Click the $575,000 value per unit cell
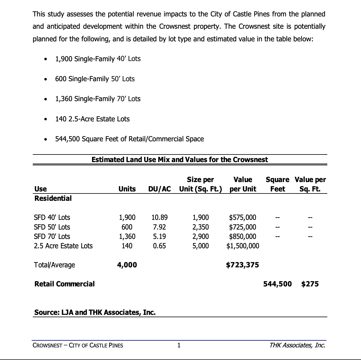coord(242,218)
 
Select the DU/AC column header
coord(159,189)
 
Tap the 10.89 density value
coord(159,218)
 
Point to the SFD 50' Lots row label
coord(52,227)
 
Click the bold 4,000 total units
coord(127,265)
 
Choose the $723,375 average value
coord(242,265)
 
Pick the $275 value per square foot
coord(310,284)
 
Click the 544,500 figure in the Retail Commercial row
coord(277,284)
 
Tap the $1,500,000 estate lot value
coord(243,246)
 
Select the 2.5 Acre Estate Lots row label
coord(63,246)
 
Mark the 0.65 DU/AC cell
coord(159,246)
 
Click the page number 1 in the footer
coord(179,345)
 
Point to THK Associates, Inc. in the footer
coord(297,345)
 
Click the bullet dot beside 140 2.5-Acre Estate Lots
coord(45,119)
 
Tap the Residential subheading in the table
coord(53,198)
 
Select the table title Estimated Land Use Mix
coord(180,160)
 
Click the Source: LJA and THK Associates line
coord(95,313)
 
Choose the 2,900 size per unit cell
coord(200,237)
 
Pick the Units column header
coord(127,189)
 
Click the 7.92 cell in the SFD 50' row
coord(159,227)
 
